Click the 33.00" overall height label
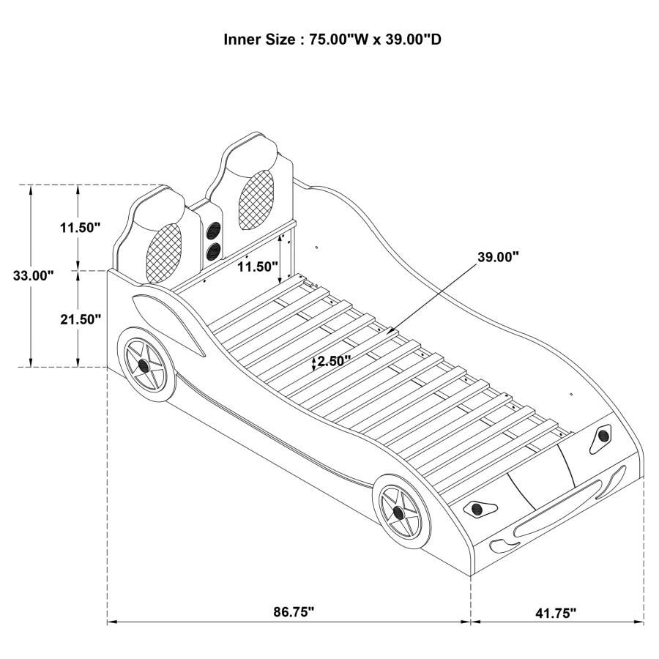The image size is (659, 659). (34, 275)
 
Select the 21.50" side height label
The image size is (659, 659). (80, 319)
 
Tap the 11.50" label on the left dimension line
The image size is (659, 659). (80, 227)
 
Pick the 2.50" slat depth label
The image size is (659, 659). (334, 361)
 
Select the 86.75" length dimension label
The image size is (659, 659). (289, 612)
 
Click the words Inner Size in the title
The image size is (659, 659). (259, 40)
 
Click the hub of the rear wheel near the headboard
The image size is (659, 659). (143, 364)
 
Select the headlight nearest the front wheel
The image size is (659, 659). (477, 507)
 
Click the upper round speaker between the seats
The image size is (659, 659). (215, 231)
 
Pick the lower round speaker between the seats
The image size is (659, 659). (215, 251)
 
